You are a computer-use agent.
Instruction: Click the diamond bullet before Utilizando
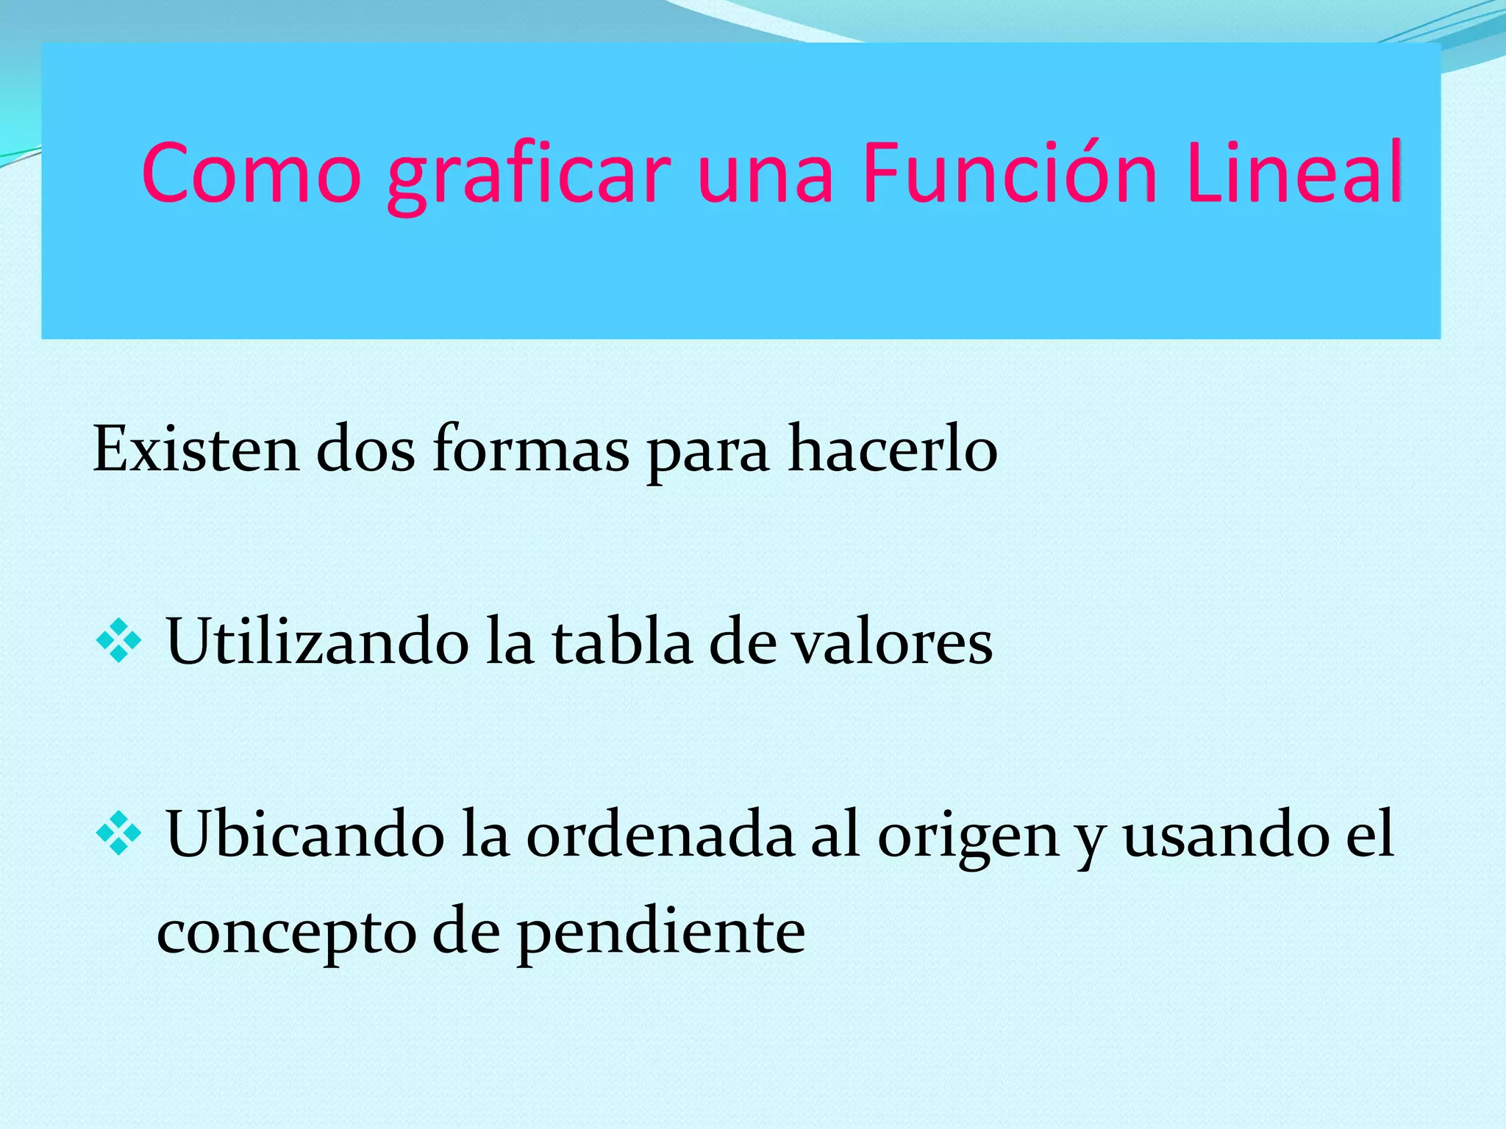[x=118, y=642]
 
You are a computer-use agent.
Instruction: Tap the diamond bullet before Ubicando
[x=118, y=834]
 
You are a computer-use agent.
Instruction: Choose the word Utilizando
[x=318, y=642]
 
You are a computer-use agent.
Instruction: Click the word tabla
[x=622, y=642]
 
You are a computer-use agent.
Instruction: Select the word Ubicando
[x=305, y=834]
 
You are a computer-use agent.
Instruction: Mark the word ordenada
[x=660, y=834]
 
